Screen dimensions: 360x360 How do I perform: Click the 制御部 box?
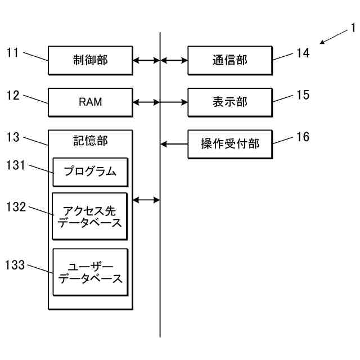90,60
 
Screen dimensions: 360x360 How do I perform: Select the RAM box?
90,102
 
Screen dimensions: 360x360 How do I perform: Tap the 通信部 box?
229,60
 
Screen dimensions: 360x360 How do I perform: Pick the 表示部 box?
229,102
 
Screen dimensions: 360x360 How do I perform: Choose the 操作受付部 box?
229,144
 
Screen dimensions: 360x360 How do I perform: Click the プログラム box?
90,172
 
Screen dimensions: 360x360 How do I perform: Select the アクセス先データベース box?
90,217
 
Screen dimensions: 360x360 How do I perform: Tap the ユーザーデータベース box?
90,272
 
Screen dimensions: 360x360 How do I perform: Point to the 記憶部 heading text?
90,141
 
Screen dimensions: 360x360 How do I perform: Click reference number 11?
13,53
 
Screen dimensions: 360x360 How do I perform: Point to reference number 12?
13,96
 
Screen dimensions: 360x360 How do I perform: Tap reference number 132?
16,207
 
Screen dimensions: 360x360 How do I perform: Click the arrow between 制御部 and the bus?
146,60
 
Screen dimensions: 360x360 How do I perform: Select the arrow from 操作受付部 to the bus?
174,144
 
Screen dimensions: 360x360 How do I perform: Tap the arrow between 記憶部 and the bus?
146,199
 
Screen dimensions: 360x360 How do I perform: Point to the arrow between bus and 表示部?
174,102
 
